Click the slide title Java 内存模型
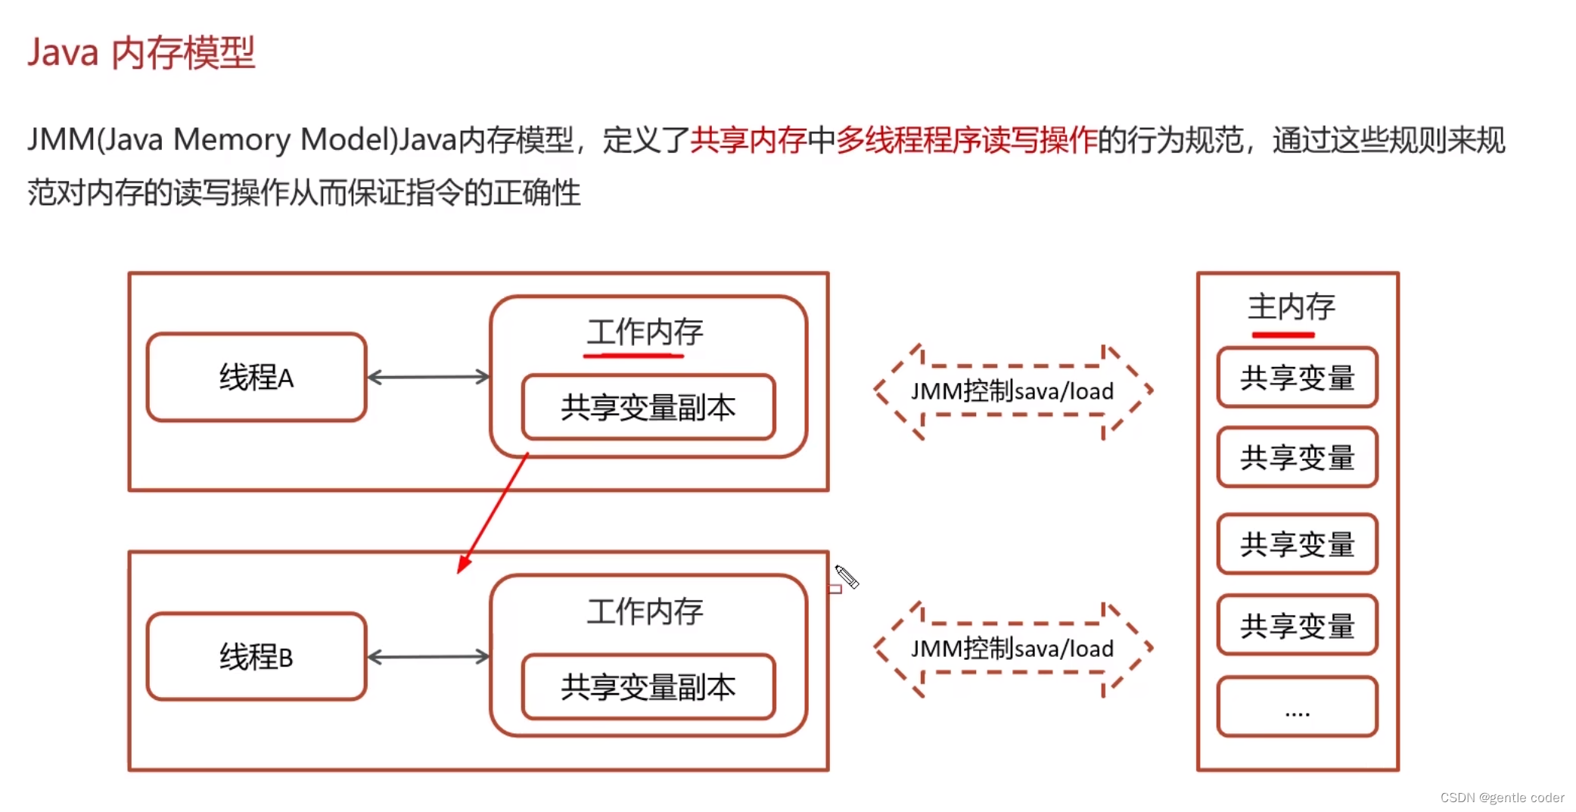[141, 53]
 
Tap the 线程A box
[256, 377]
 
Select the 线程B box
[256, 656]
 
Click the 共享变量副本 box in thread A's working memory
[648, 407]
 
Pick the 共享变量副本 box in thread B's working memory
[648, 686]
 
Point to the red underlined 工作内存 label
[645, 332]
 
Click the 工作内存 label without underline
[645, 611]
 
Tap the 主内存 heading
[1291, 306]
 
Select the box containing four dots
[1297, 707]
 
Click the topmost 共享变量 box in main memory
[1297, 378]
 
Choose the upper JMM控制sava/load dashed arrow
[1012, 391]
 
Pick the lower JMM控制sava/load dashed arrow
[1012, 649]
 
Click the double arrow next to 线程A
[428, 377]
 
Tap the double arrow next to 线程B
[428, 656]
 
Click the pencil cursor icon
[847, 577]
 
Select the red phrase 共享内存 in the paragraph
[748, 140]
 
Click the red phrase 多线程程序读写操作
[966, 140]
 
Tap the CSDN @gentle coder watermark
[1501, 798]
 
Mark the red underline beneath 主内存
[1282, 334]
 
